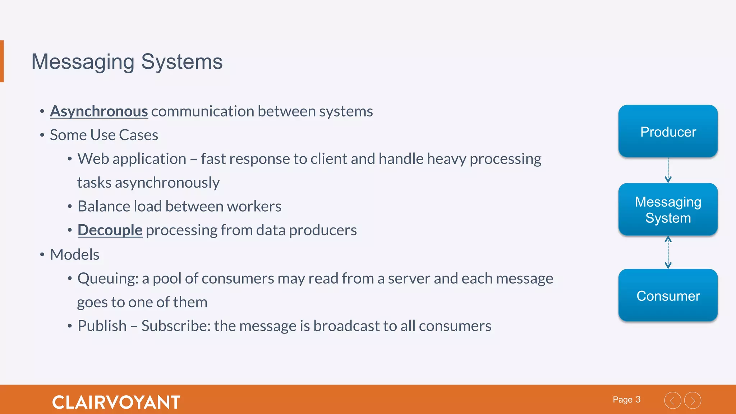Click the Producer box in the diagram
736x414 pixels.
668,131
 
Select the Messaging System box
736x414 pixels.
668,210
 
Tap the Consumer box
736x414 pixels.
668,295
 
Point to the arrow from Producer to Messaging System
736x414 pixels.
668,170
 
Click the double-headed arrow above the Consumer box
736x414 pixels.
668,252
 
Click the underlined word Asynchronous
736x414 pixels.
99,111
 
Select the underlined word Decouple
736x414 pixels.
110,230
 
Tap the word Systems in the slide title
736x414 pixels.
181,61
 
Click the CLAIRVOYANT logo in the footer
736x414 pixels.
116,402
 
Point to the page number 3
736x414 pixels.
638,400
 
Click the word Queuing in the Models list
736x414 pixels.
107,279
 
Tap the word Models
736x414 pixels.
74,254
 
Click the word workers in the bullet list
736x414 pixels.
254,206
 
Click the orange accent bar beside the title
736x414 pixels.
2,61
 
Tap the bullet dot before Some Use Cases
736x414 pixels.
42,135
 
